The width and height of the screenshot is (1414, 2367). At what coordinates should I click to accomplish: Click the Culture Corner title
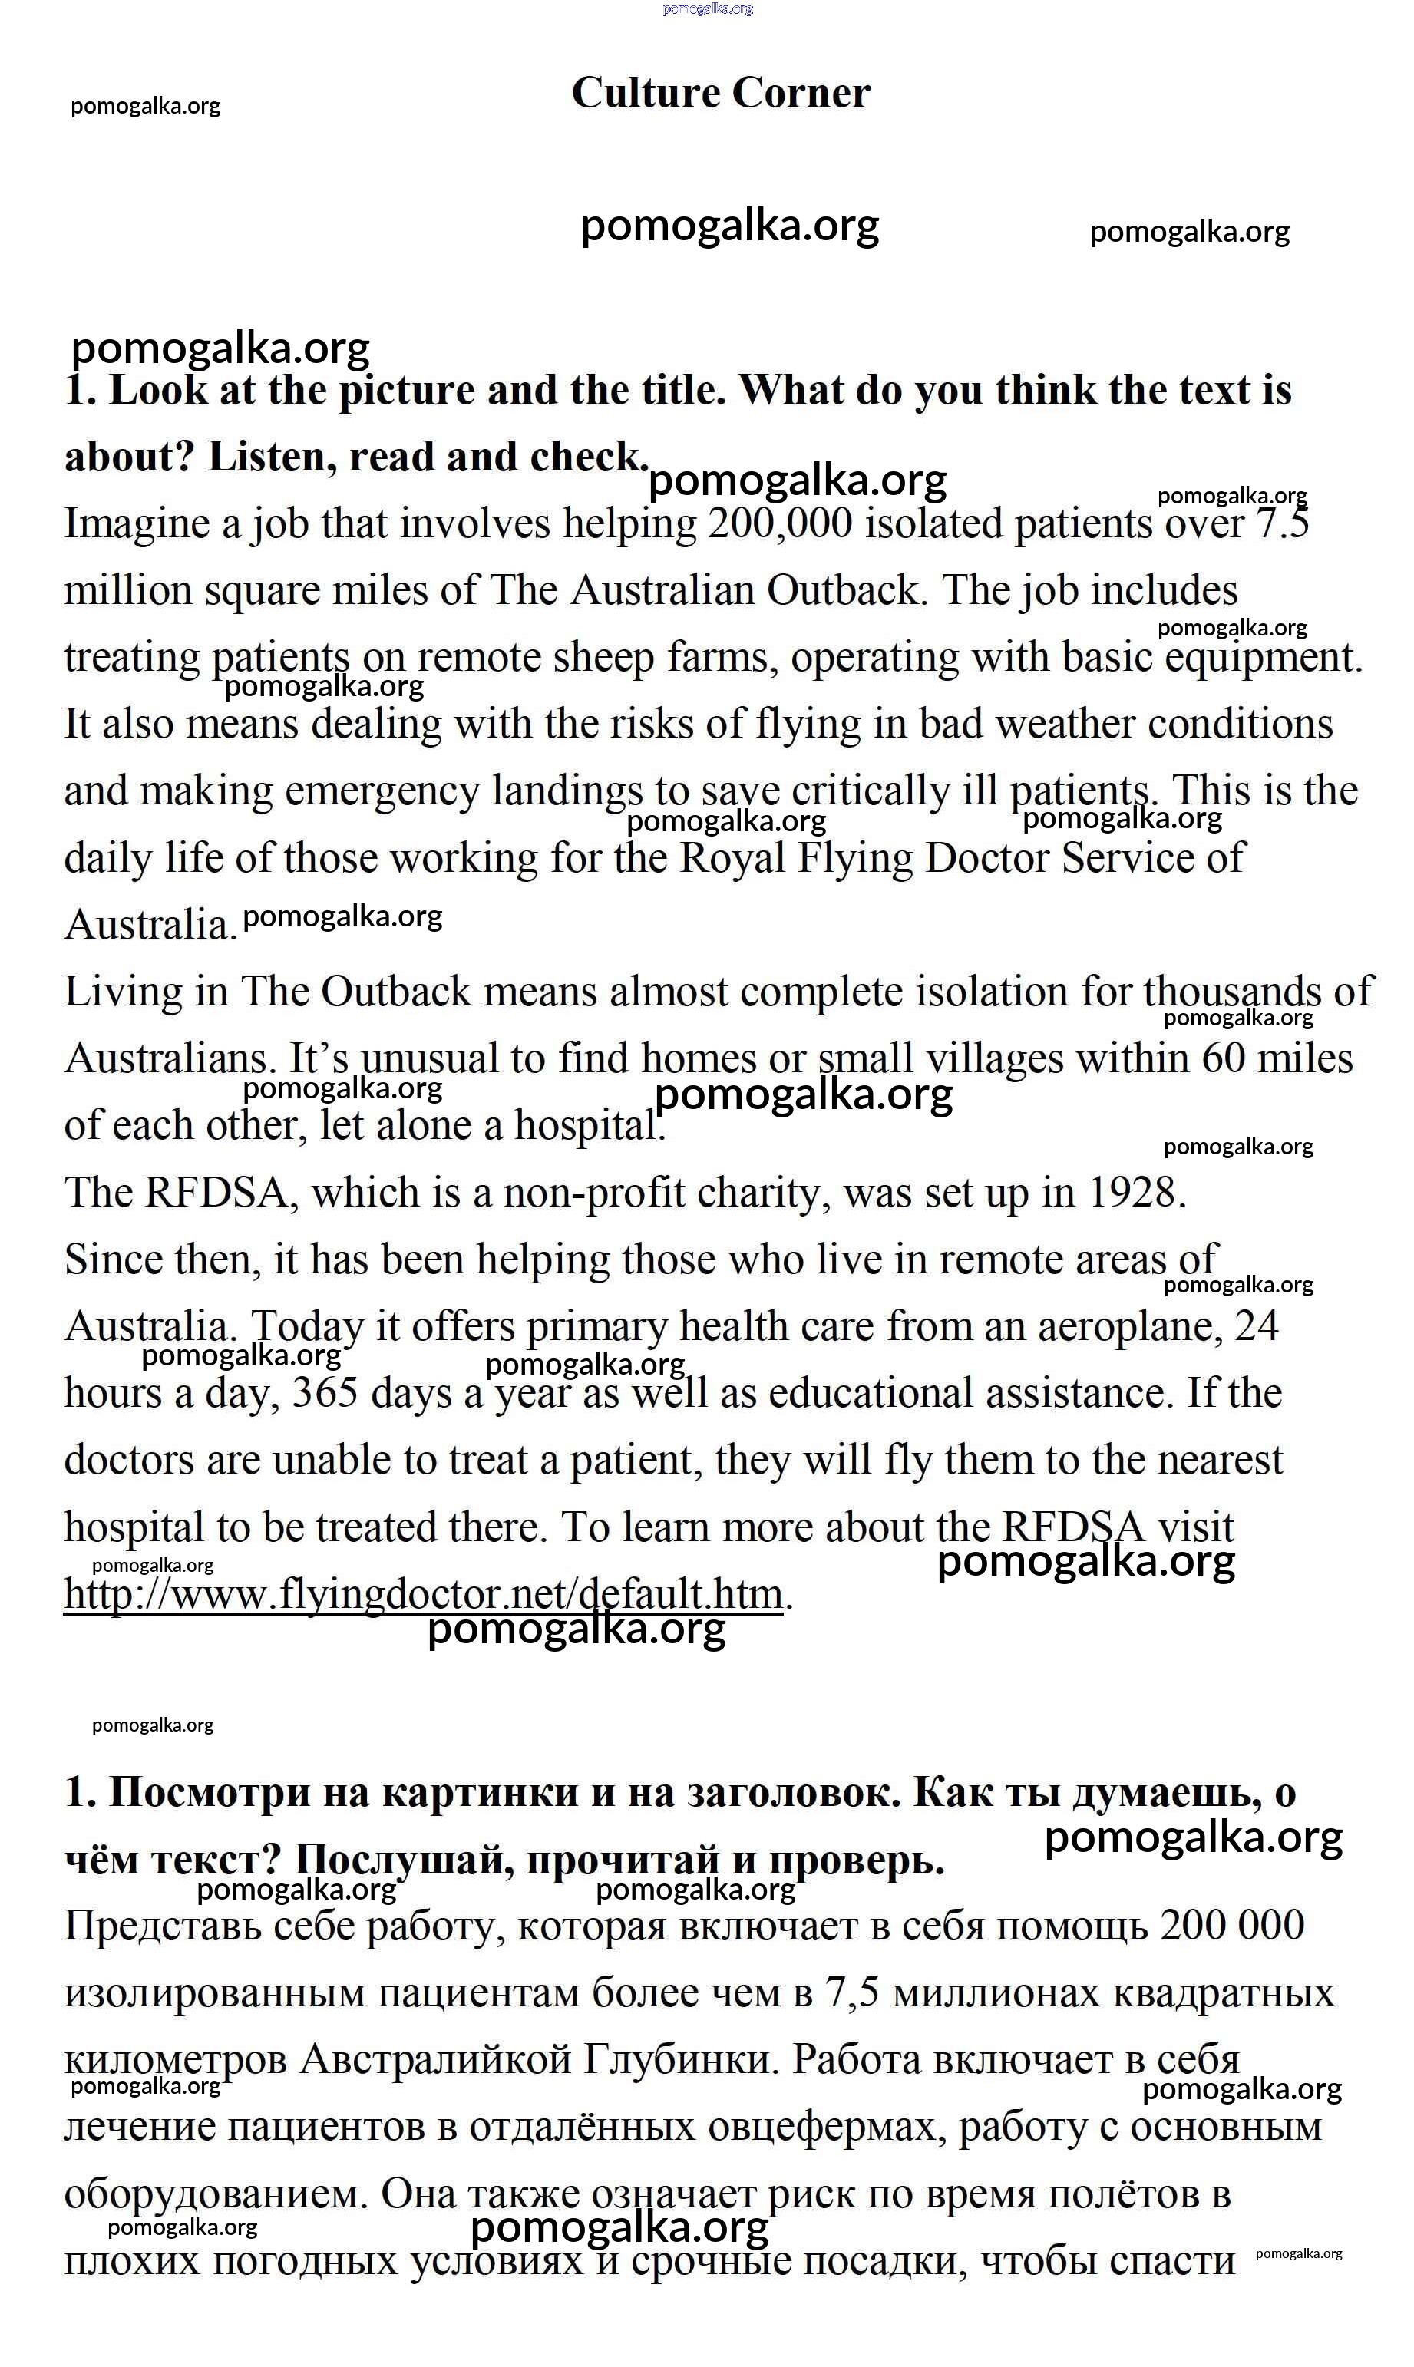pos(720,94)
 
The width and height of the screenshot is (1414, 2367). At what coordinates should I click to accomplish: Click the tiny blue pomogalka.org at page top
pos(708,8)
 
